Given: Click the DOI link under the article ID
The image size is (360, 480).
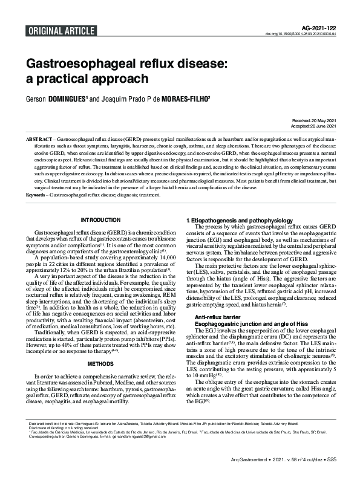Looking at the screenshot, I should tap(301, 34).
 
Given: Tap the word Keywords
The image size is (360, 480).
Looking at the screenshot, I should tap(35, 195).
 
